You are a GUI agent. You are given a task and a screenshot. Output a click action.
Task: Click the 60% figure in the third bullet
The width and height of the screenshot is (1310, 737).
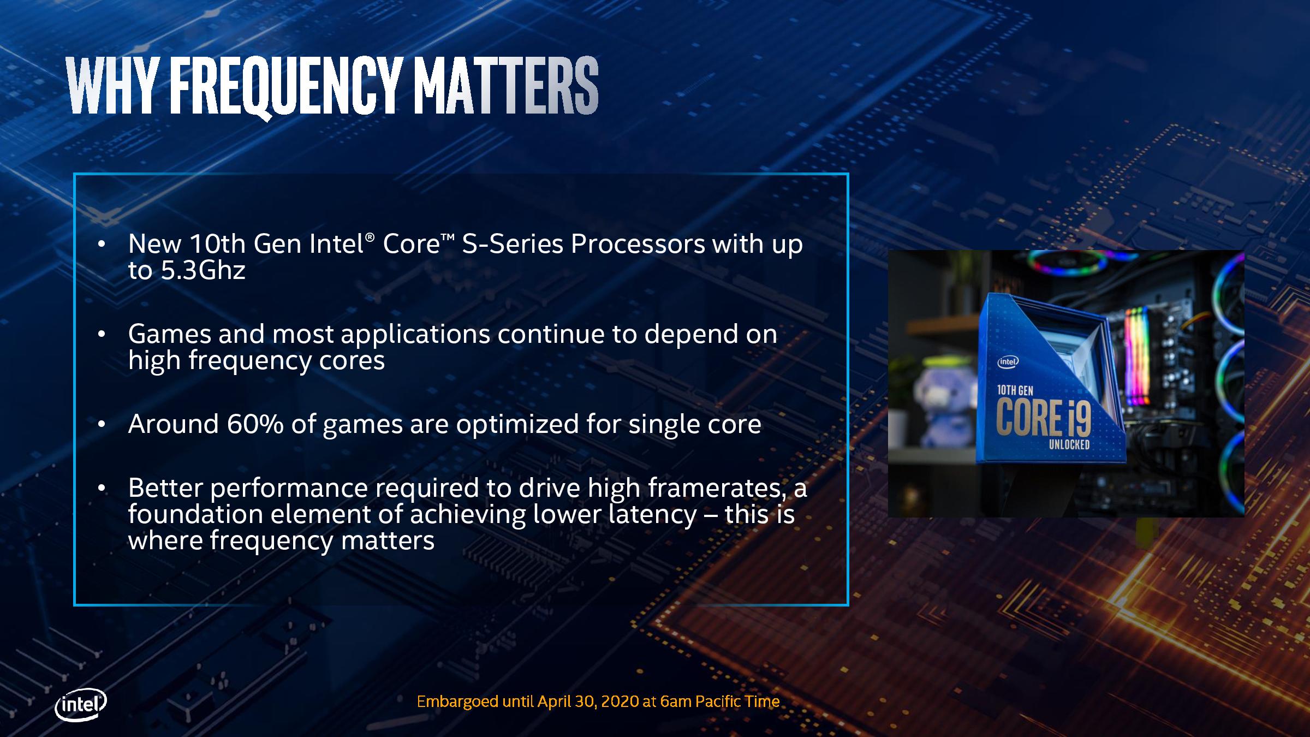255,424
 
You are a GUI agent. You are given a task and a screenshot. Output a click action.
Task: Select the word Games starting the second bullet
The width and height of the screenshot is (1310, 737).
170,334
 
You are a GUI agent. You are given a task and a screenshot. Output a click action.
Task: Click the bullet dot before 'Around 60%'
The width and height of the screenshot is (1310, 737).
101,424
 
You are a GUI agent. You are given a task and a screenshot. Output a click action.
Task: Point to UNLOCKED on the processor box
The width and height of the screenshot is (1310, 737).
1069,444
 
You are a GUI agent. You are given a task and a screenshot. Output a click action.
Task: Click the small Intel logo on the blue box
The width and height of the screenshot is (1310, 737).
1008,361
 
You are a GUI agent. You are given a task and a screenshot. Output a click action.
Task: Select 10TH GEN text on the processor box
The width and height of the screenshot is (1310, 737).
1015,390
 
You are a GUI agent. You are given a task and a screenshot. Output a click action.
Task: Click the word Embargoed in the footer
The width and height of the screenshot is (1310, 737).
457,702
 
